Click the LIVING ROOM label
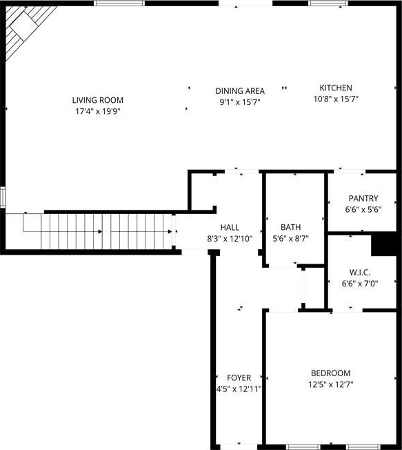pyautogui.click(x=98, y=100)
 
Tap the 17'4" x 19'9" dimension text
pyautogui.click(x=97, y=111)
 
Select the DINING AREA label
pyautogui.click(x=240, y=91)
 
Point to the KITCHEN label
pyautogui.click(x=336, y=88)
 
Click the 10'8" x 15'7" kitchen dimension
pyautogui.click(x=336, y=99)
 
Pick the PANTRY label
pyautogui.click(x=363, y=198)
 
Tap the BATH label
pyautogui.click(x=291, y=227)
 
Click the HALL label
pyautogui.click(x=230, y=228)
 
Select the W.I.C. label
pyautogui.click(x=360, y=273)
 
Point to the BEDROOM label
pyautogui.click(x=330, y=373)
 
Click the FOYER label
pyautogui.click(x=239, y=378)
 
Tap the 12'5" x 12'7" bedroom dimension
pyautogui.click(x=330, y=384)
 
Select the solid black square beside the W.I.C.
pyautogui.click(x=384, y=244)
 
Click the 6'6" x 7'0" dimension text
pyautogui.click(x=360, y=284)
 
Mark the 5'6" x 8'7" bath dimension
pyautogui.click(x=291, y=239)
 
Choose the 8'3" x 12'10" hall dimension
pyautogui.click(x=230, y=239)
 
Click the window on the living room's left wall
pyautogui.click(x=3, y=197)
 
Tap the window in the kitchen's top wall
pyautogui.click(x=328, y=3)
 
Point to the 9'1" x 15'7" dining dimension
pyautogui.click(x=240, y=102)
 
